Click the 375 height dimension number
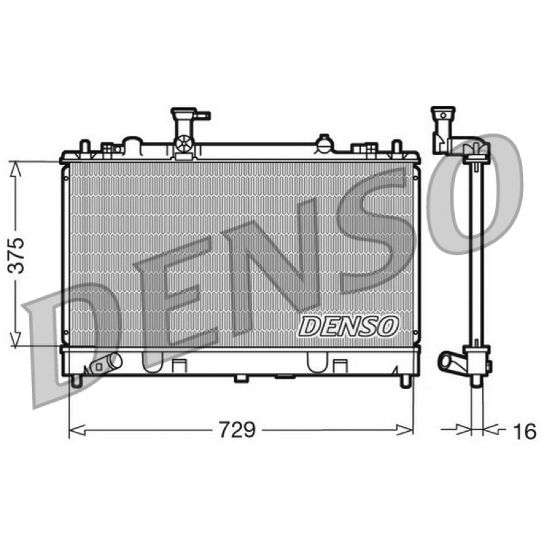click(16, 256)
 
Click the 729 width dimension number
click(237, 430)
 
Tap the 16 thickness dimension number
click(524, 431)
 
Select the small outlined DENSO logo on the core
click(349, 326)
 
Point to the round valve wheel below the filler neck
click(184, 143)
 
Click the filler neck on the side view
click(443, 129)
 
